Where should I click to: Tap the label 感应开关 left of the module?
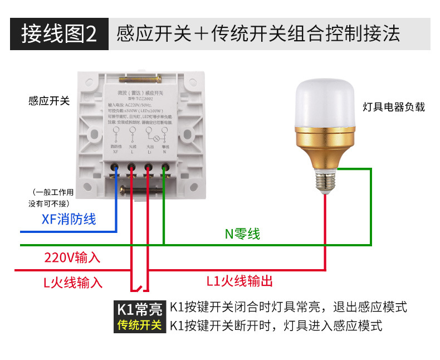pos(49,101)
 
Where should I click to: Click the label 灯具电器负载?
pos(394,106)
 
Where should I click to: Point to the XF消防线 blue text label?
pos(69,219)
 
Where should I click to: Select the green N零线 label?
pos(242,234)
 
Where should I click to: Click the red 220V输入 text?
pos(72,257)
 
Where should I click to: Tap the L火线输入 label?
pos(73,283)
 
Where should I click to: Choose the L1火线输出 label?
pos(239,281)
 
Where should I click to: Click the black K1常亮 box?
pos(139,308)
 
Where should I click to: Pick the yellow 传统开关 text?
pos(139,324)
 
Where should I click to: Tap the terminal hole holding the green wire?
pos(165,167)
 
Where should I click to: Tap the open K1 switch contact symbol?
pos(140,289)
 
